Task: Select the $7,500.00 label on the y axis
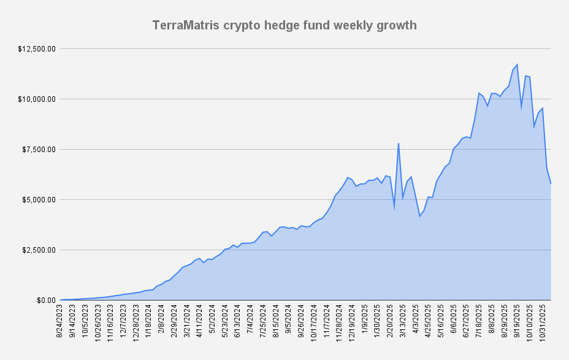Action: coord(38,150)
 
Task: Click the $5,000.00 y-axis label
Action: coord(38,200)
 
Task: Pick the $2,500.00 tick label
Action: coord(38,250)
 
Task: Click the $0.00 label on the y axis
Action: coord(46,301)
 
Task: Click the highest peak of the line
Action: coord(517,64)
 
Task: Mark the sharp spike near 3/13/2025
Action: coord(399,144)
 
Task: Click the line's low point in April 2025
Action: coord(419,216)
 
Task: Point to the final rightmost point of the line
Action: coord(551,183)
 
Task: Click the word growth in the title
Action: coord(395,26)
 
